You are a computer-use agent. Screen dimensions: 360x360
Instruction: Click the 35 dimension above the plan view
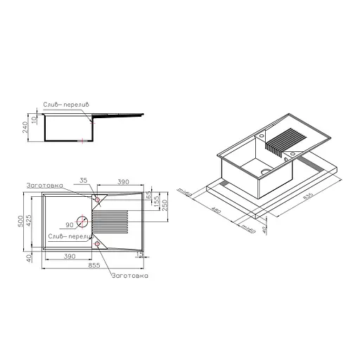[84, 181]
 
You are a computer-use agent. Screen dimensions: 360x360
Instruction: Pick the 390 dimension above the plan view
[123, 181]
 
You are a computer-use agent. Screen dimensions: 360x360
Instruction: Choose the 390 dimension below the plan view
[69, 257]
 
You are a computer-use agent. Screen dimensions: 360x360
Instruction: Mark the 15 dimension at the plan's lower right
[141, 253]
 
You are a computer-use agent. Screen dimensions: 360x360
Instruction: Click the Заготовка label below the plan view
[129, 276]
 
